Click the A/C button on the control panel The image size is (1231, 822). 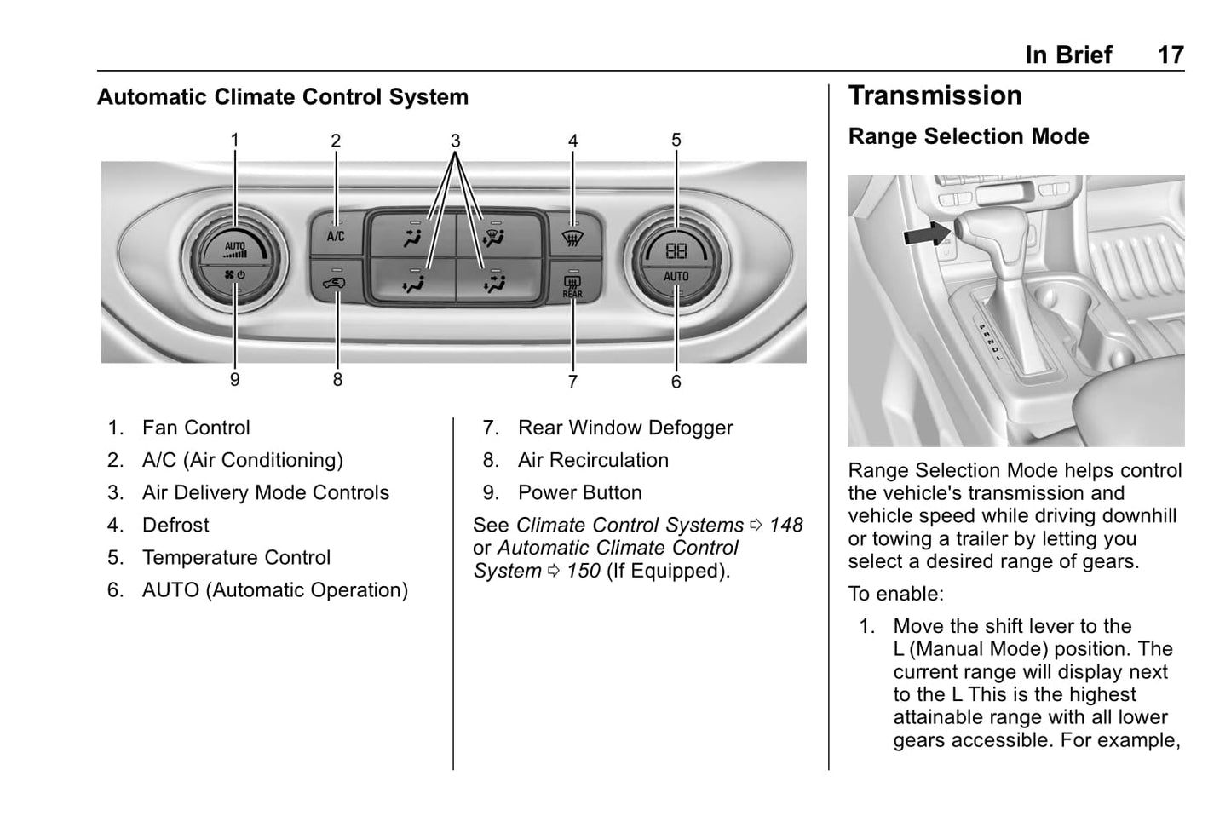click(x=336, y=235)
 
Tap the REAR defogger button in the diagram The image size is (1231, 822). click(x=572, y=285)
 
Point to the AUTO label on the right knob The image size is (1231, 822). click(x=676, y=276)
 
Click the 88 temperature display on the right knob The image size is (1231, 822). click(x=676, y=250)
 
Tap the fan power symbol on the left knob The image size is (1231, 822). click(x=234, y=275)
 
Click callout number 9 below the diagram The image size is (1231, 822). click(x=235, y=380)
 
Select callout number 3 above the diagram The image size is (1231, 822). click(x=456, y=141)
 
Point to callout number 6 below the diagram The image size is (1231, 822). click(x=676, y=382)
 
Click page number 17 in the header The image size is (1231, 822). click(x=1170, y=55)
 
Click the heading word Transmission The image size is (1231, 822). click(x=935, y=95)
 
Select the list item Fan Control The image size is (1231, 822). click(x=196, y=428)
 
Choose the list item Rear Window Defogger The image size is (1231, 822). click(x=624, y=428)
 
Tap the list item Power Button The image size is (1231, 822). click(x=579, y=492)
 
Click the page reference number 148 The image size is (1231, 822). click(x=785, y=525)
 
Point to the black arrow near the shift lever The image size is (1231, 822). click(x=927, y=233)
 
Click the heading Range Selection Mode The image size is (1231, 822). click(x=968, y=136)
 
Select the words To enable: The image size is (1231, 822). click(x=895, y=594)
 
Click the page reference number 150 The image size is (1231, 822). click(x=584, y=571)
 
